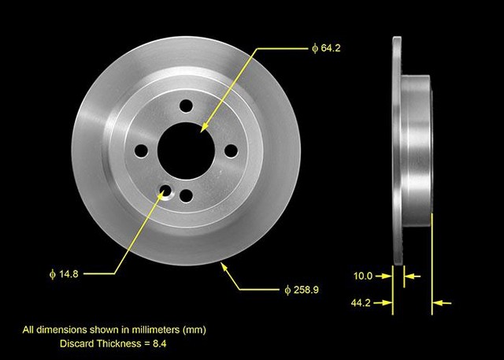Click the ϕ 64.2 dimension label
click(326, 48)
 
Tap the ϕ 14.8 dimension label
click(64, 274)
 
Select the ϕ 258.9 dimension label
click(302, 290)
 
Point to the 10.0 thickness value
click(363, 276)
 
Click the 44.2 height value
click(361, 302)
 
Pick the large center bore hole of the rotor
click(186, 150)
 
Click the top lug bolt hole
click(186, 106)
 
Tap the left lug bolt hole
click(141, 150)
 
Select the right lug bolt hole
click(231, 150)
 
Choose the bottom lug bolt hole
click(186, 195)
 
